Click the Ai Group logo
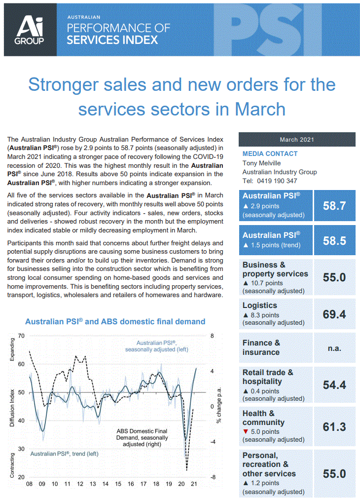(30, 30)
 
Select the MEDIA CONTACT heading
(270, 154)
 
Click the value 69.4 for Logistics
(334, 314)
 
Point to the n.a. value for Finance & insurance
(334, 347)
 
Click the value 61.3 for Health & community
(334, 427)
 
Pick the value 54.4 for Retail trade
(334, 385)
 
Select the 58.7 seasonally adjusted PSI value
(334, 205)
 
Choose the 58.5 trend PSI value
(334, 240)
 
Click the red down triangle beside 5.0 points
(245, 432)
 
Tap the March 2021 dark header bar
(296, 140)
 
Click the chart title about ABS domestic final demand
(115, 322)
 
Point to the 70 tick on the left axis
(21, 336)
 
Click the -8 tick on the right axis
(212, 477)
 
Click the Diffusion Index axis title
(12, 407)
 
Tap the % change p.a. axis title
(217, 407)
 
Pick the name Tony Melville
(262, 163)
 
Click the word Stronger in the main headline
(69, 84)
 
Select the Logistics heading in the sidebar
(259, 306)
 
